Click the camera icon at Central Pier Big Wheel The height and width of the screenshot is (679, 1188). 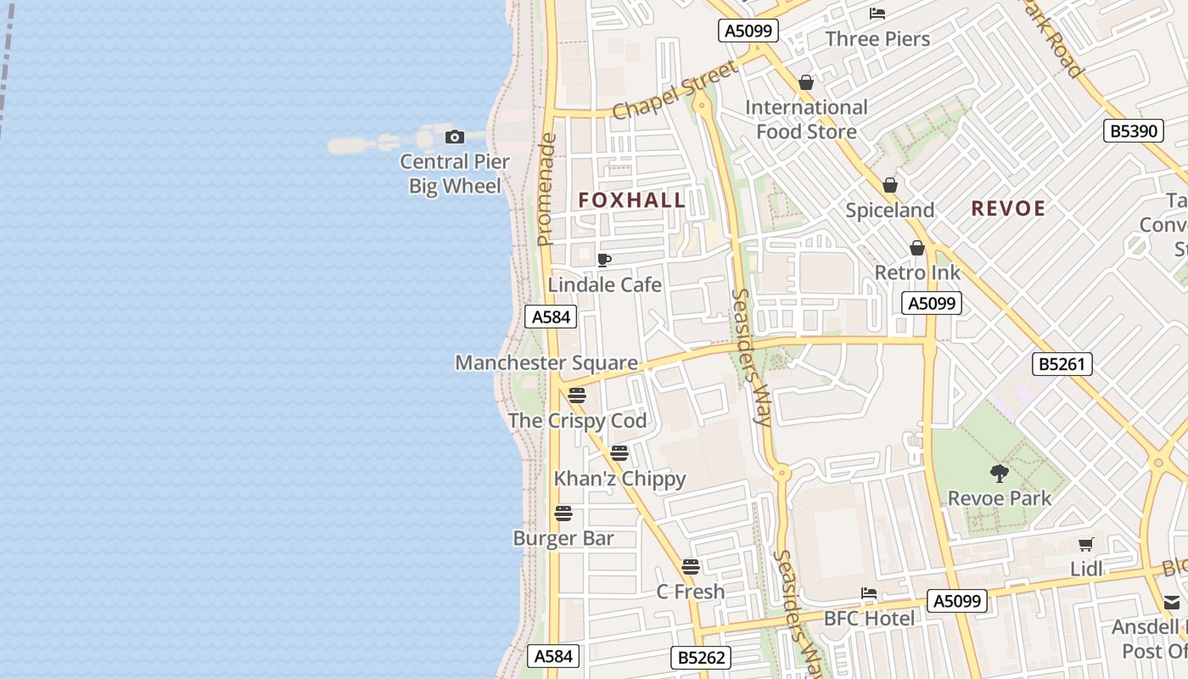(455, 137)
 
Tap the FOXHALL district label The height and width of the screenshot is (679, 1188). (632, 200)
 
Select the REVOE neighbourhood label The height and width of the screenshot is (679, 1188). (1008, 208)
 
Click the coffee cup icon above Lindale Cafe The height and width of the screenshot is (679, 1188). (604, 260)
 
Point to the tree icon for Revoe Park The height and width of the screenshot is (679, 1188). (1000, 474)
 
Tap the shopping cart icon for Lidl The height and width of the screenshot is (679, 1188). (1085, 544)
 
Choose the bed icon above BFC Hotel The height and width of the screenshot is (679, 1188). (868, 593)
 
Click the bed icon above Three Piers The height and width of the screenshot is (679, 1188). (877, 14)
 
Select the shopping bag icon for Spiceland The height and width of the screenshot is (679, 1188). (890, 185)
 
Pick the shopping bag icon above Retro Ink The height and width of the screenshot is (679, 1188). (917, 248)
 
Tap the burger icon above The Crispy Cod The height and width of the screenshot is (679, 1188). (577, 396)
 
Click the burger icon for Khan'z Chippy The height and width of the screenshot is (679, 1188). (619, 453)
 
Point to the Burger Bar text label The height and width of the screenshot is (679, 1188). (563, 538)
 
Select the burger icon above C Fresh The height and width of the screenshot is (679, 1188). (691, 566)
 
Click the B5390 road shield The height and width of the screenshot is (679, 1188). (1134, 131)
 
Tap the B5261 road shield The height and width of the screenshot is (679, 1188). (1062, 364)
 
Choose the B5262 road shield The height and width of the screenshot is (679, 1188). (701, 657)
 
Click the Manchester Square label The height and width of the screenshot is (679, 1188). (546, 362)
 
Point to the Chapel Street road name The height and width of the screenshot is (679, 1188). (675, 92)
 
